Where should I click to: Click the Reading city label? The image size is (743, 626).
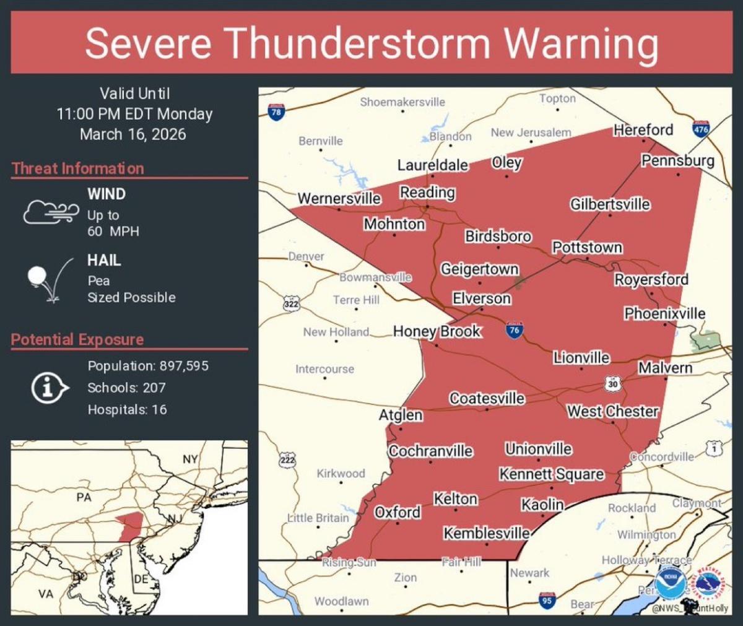coord(427,193)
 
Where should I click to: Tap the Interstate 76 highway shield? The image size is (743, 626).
coord(514,329)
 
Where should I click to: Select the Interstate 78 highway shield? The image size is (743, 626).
coord(276,112)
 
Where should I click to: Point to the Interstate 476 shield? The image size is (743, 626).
coord(701,129)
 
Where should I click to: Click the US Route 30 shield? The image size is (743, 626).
coord(612,384)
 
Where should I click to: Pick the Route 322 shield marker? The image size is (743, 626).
coord(291,303)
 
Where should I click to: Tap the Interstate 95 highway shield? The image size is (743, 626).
coord(546,599)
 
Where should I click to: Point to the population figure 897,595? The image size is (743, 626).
coord(184,366)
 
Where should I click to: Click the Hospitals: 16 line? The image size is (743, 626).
coord(127,409)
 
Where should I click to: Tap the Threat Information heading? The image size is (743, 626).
coord(78,168)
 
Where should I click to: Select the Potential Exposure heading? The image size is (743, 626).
coord(77,339)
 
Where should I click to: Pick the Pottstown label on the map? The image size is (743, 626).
coord(587,248)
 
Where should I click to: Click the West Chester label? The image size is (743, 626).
coord(612,411)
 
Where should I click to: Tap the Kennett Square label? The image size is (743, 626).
coord(551,474)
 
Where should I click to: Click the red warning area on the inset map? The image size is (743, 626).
coord(131,526)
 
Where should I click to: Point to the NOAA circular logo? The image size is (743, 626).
coord(670,582)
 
